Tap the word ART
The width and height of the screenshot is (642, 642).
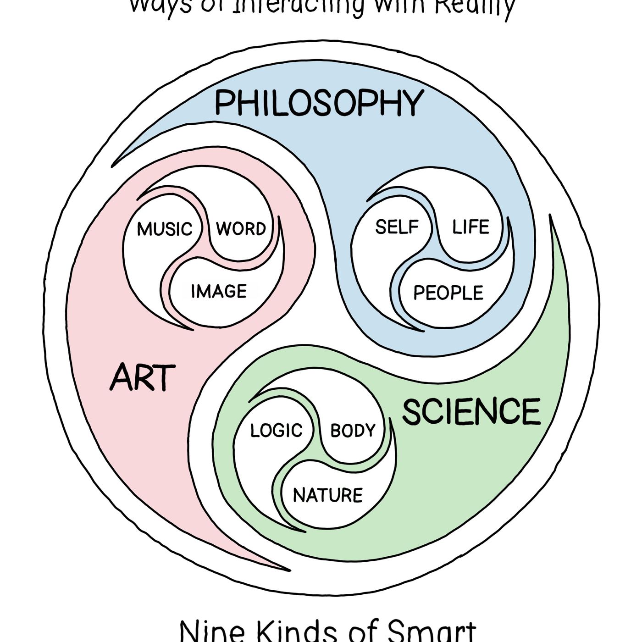[x=142, y=377]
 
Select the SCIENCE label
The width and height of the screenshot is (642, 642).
[x=471, y=411]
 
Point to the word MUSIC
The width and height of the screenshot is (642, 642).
[x=165, y=229]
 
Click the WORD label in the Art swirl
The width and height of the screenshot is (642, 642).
[x=241, y=228]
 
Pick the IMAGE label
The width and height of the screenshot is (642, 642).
[x=219, y=291]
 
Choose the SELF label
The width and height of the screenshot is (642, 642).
[x=397, y=227]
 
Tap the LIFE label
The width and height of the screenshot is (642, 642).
[x=470, y=227]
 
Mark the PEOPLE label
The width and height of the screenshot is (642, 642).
[x=448, y=293]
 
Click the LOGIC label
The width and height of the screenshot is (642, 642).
[x=276, y=430]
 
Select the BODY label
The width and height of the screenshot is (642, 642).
[x=353, y=430]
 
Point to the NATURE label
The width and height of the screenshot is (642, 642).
[x=327, y=495]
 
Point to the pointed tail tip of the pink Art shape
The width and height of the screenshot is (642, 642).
[x=289, y=570]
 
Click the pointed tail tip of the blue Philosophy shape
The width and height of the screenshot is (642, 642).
[x=113, y=166]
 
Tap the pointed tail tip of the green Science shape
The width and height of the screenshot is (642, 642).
[x=551, y=216]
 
